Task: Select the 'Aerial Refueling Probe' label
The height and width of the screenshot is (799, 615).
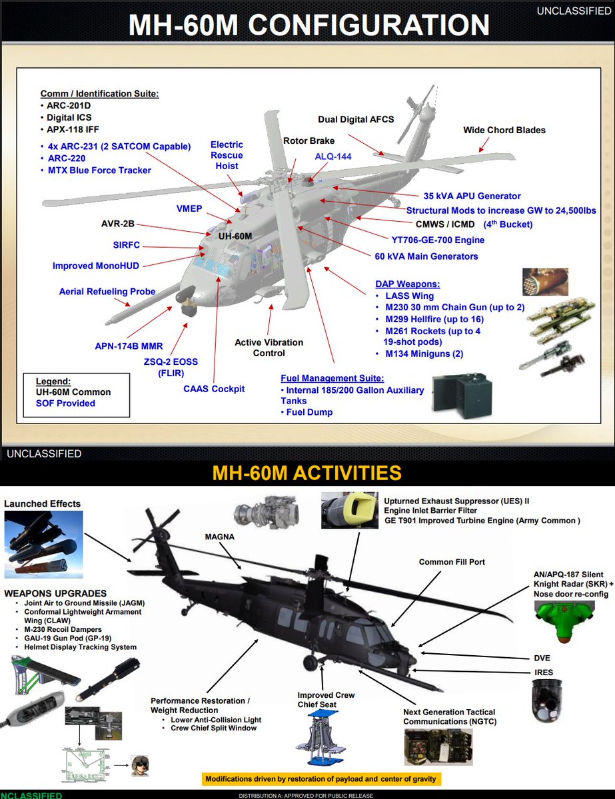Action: click(x=107, y=291)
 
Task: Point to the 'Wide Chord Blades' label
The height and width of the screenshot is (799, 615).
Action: click(x=504, y=130)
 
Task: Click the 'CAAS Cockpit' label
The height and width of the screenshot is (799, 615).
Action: click(x=214, y=388)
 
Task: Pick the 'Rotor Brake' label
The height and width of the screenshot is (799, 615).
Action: click(x=308, y=140)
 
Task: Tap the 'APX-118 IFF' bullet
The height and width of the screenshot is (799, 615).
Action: click(x=73, y=129)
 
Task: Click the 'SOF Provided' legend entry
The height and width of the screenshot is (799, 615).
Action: click(x=65, y=403)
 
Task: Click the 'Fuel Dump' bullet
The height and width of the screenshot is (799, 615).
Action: click(x=309, y=412)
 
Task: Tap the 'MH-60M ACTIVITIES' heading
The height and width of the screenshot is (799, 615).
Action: click(x=307, y=473)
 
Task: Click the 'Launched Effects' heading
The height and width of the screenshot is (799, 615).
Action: click(x=42, y=504)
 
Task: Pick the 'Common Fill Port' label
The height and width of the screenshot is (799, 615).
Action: click(x=452, y=562)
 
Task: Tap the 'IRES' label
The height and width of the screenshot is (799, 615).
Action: click(x=543, y=673)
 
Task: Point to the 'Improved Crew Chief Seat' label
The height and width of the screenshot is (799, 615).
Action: click(x=326, y=700)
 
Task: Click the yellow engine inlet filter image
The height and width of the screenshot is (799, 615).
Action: click(x=350, y=509)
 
